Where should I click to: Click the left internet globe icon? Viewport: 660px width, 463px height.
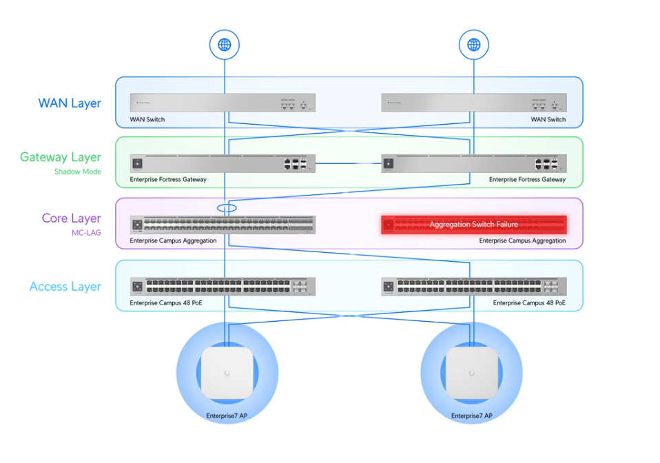click(x=224, y=45)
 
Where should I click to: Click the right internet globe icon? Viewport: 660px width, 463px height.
click(x=473, y=45)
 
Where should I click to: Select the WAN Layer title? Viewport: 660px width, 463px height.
click(x=70, y=103)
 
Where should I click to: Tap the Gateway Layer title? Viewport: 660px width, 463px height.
click(x=61, y=157)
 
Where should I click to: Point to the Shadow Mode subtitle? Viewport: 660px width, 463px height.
click(x=78, y=172)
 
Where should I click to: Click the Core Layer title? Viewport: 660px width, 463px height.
click(x=72, y=218)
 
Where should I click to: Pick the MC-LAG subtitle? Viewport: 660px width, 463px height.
click(x=87, y=233)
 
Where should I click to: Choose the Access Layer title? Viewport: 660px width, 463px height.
click(x=65, y=287)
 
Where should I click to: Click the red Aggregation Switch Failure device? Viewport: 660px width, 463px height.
click(x=474, y=225)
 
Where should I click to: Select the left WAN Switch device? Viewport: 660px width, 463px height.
click(x=223, y=103)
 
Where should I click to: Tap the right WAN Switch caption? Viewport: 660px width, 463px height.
click(x=548, y=119)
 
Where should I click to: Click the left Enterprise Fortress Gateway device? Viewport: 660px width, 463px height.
click(x=223, y=163)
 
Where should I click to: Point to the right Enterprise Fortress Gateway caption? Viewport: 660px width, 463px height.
click(x=527, y=179)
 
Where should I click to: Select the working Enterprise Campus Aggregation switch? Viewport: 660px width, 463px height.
click(x=223, y=225)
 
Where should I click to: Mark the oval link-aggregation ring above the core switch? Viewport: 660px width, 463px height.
click(x=226, y=207)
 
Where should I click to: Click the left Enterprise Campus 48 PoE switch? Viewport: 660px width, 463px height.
click(x=223, y=286)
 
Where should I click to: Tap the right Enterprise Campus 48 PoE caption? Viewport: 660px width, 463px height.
click(x=529, y=302)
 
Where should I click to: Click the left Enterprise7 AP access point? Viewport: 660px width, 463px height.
click(x=227, y=373)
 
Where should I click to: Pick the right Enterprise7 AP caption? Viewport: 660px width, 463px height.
click(x=471, y=416)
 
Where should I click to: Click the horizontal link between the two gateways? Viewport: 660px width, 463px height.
click(x=348, y=163)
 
